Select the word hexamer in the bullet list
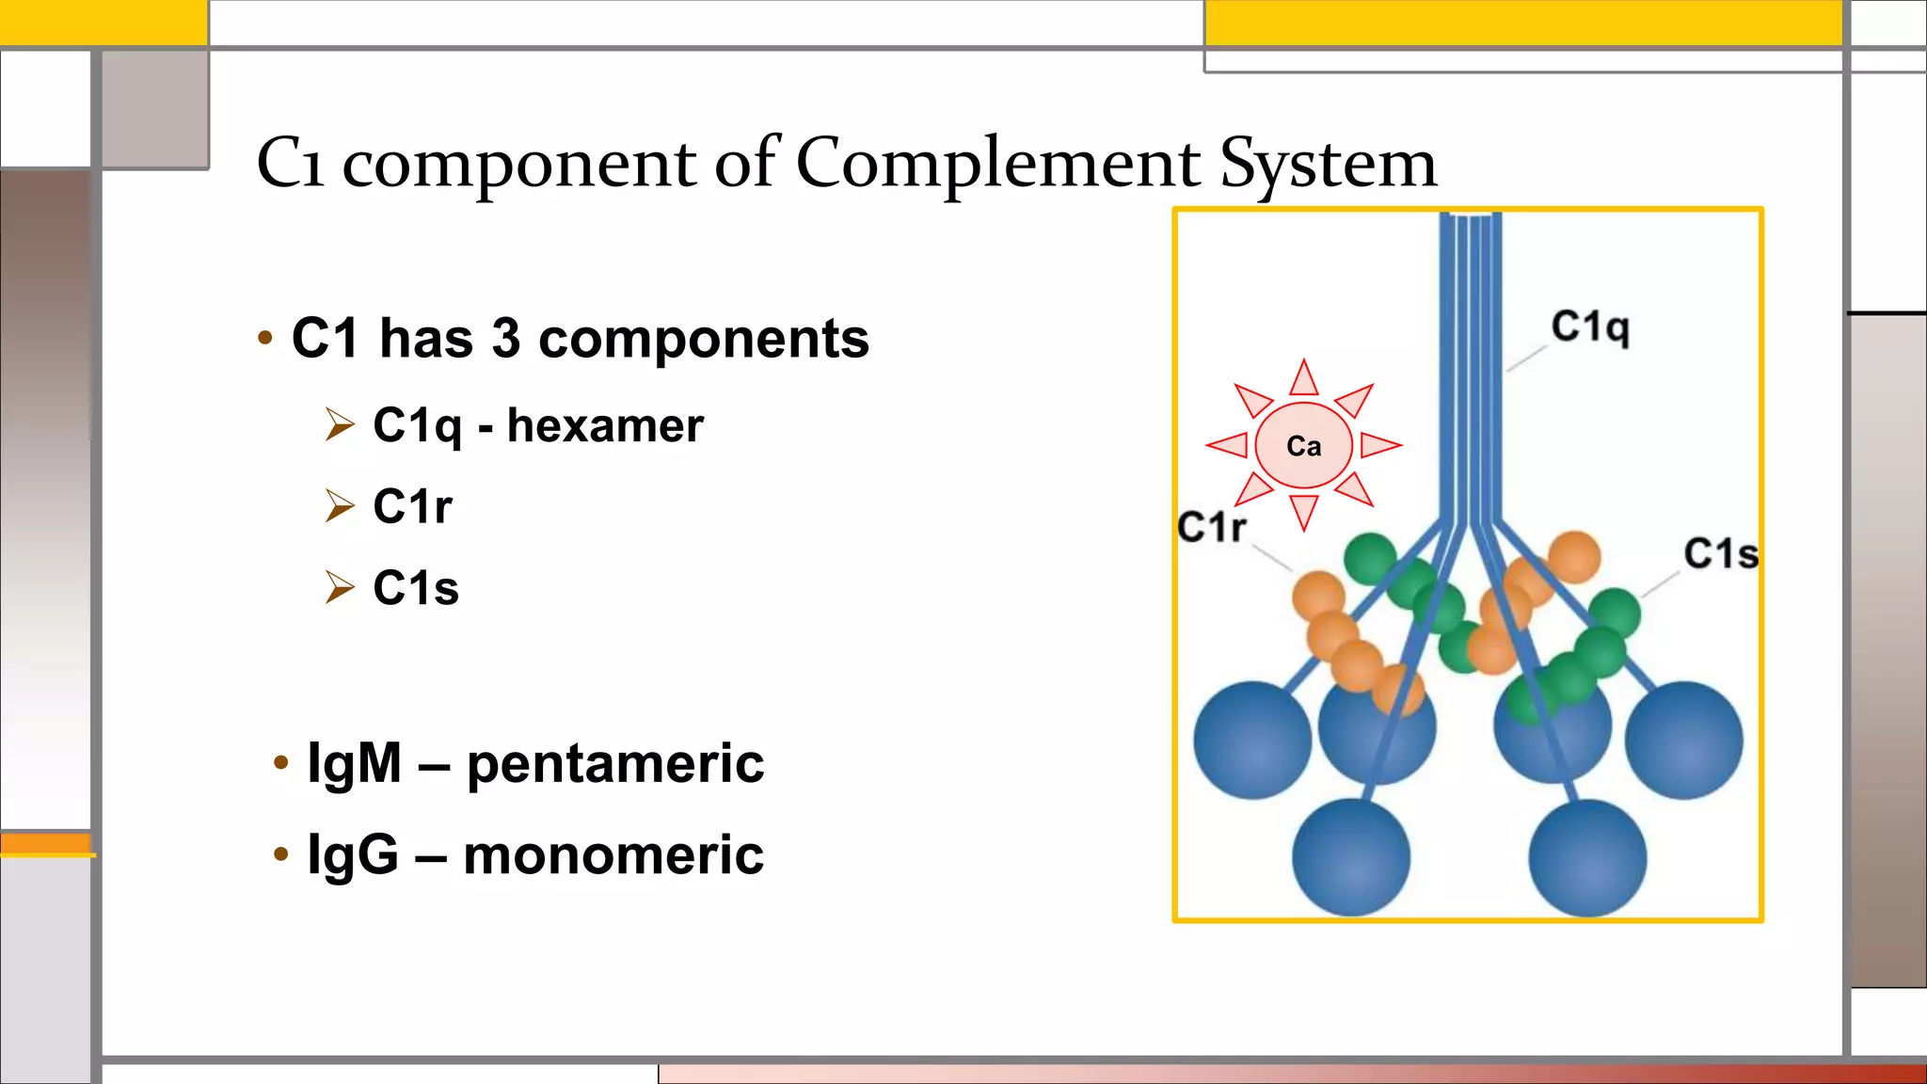tap(605, 425)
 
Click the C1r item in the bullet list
tap(412, 506)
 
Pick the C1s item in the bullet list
tap(415, 588)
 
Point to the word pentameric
tap(614, 763)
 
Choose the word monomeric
tap(613, 855)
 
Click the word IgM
tap(355, 762)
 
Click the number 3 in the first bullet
tap(505, 338)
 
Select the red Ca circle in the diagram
tap(1303, 445)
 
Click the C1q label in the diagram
tap(1589, 327)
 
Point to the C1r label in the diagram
tap(1212, 527)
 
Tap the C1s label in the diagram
tap(1720, 553)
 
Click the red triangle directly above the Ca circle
tap(1304, 379)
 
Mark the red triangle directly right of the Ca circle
tap(1378, 444)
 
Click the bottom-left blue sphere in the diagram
tap(1350, 857)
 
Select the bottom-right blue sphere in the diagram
tap(1587, 857)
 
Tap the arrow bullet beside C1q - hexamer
tap(340, 425)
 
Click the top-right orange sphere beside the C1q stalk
tap(1574, 556)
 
